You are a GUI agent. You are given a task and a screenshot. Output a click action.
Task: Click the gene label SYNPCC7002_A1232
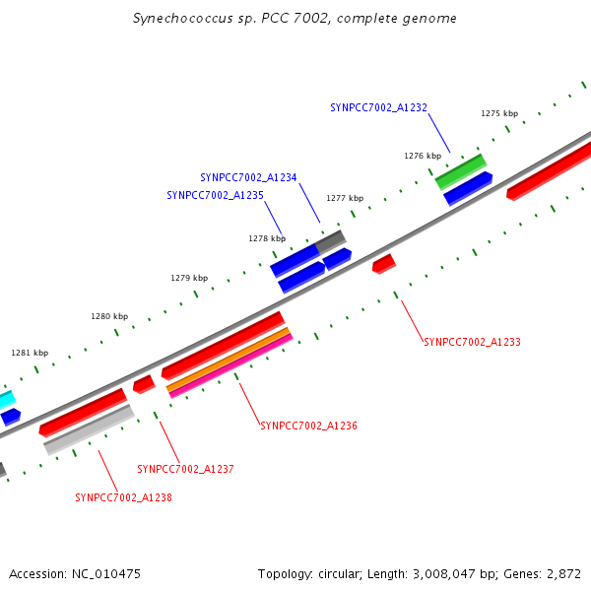tap(378, 107)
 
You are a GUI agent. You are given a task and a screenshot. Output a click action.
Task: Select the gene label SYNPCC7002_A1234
tap(248, 177)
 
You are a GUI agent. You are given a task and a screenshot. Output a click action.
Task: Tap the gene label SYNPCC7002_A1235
tap(215, 195)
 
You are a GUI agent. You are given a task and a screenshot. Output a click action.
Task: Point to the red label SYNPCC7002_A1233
tap(472, 342)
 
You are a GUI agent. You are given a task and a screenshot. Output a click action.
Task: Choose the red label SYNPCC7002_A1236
tap(308, 427)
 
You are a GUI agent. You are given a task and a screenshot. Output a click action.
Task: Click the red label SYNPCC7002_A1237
tap(185, 469)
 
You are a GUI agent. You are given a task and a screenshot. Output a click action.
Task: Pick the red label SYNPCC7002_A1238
tap(123, 497)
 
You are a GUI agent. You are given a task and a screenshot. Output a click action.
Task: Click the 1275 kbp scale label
tap(499, 113)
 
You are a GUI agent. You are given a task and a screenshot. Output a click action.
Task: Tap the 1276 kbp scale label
tap(422, 156)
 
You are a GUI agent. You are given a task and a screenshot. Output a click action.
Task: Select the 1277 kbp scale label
tap(345, 198)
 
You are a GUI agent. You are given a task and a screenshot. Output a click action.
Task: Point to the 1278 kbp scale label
tap(267, 238)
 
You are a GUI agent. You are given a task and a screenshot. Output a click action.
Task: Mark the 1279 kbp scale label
tap(189, 278)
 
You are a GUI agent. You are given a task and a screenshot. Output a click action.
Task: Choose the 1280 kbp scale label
tap(109, 316)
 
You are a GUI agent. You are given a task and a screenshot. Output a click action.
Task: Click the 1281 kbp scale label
tap(30, 353)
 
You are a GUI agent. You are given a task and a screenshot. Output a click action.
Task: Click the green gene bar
tap(461, 170)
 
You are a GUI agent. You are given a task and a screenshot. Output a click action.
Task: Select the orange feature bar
tap(229, 360)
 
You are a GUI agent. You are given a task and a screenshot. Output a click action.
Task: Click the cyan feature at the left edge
tap(6, 400)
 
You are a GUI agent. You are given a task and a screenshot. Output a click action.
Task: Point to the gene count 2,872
tap(564, 573)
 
